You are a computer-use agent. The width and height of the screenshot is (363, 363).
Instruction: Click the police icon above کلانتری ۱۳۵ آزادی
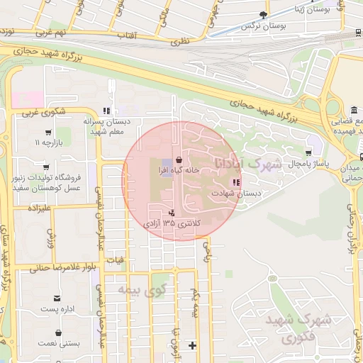click(172, 213)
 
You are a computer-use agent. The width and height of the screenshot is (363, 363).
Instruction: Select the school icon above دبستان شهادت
click(236, 183)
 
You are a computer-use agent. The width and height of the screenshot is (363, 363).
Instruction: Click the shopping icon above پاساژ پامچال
click(308, 153)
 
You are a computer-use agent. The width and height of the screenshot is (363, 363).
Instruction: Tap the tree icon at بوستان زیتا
click(264, 13)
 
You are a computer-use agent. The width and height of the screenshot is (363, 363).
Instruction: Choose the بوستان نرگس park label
click(247, 26)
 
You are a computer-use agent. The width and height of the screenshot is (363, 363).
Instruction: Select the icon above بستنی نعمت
click(57, 333)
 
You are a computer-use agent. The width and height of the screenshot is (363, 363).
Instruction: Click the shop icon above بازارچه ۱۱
click(48, 132)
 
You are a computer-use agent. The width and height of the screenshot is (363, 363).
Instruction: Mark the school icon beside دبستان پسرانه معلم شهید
click(106, 111)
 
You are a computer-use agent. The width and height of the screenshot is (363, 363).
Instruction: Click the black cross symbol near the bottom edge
click(191, 345)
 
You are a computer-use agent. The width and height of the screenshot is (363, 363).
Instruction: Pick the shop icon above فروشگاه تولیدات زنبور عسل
click(48, 166)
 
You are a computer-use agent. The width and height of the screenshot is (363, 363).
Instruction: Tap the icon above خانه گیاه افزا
click(177, 160)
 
